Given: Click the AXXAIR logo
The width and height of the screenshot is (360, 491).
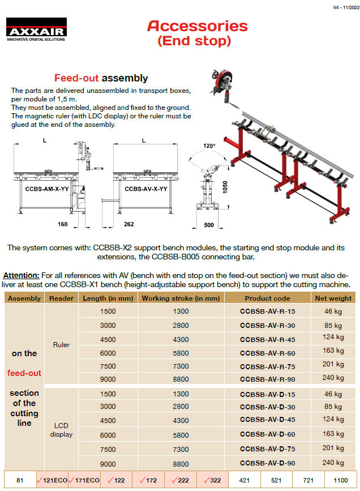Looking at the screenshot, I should pyautogui.click(x=36, y=29).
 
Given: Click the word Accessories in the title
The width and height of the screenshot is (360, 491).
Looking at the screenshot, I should pyautogui.click(x=197, y=26).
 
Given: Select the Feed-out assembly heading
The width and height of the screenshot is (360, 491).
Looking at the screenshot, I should pyautogui.click(x=101, y=78).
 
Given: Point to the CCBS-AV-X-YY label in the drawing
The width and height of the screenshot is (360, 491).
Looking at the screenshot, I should pyautogui.click(x=145, y=189).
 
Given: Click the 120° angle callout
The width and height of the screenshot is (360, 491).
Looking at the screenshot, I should pyautogui.click(x=209, y=146).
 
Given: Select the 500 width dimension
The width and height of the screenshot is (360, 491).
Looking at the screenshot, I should pyautogui.click(x=209, y=225).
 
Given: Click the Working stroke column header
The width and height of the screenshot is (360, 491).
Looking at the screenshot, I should pyautogui.click(x=181, y=298).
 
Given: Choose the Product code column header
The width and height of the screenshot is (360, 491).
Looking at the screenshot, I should pyautogui.click(x=267, y=298).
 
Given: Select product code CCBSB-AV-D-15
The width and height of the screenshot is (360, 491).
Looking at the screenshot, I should pyautogui.click(x=267, y=394).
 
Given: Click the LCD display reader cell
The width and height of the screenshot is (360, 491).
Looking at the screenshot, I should pyautogui.click(x=61, y=430).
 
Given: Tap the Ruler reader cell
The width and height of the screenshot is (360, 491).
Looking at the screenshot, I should pyautogui.click(x=61, y=344).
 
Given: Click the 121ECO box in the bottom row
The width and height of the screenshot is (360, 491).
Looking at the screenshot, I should pyautogui.click(x=52, y=480).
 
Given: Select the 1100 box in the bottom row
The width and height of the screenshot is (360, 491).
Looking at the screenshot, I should pyautogui.click(x=341, y=480).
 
